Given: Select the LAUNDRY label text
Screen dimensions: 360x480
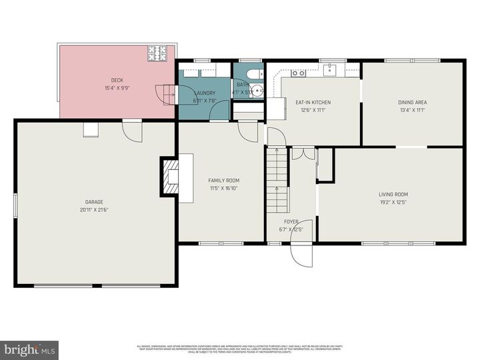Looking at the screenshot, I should coord(204,93).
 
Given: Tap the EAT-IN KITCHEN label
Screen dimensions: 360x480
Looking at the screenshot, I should coord(313,103).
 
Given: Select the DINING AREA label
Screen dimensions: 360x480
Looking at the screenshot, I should coord(412,103).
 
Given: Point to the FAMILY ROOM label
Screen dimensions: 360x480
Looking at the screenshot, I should coord(223,181).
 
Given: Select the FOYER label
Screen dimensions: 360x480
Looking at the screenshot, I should coord(291,221).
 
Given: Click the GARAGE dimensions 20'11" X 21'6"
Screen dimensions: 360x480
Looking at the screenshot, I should coord(93,209).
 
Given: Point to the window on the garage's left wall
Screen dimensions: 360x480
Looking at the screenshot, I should coord(15,204).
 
